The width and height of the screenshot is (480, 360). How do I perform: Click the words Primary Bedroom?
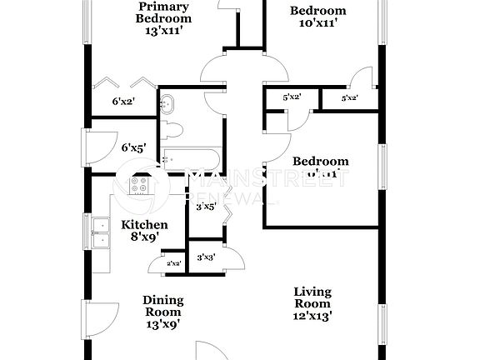tap(163, 12)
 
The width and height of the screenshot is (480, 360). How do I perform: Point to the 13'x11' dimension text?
tap(163, 32)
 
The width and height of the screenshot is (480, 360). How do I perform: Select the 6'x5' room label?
tap(133, 147)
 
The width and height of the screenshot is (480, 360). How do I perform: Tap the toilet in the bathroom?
tap(172, 129)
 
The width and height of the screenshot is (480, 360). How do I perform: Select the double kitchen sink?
tap(101, 233)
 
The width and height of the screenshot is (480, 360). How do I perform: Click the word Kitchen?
tap(145, 224)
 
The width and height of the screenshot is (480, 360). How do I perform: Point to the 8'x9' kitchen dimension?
tap(145, 237)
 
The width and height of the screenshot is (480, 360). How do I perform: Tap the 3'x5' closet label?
tap(206, 206)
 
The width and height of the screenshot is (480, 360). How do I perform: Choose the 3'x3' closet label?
tap(206, 257)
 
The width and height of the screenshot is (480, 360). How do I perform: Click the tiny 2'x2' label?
tap(174, 263)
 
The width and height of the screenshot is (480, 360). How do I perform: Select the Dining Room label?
tap(162, 306)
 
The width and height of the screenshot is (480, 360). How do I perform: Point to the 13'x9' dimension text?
tap(162, 324)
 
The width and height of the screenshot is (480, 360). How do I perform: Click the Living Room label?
tap(312, 297)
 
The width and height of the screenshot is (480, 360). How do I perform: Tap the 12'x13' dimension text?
tap(312, 316)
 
